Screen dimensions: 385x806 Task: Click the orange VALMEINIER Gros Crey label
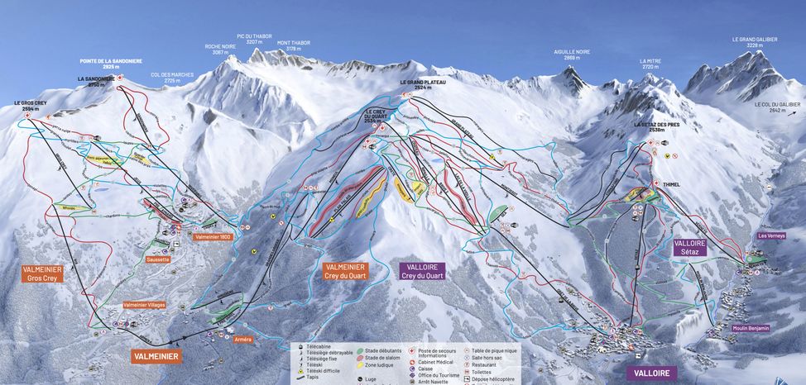click(41, 273)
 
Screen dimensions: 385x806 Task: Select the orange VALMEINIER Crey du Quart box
click(344, 272)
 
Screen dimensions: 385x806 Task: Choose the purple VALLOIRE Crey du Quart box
click(421, 272)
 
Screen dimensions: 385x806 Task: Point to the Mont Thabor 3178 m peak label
click(294, 45)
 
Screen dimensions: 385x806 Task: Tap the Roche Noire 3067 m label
click(220, 49)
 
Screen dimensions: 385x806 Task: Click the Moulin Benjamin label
click(751, 328)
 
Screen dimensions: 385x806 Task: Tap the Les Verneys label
click(771, 235)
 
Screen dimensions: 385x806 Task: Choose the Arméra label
click(242, 339)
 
